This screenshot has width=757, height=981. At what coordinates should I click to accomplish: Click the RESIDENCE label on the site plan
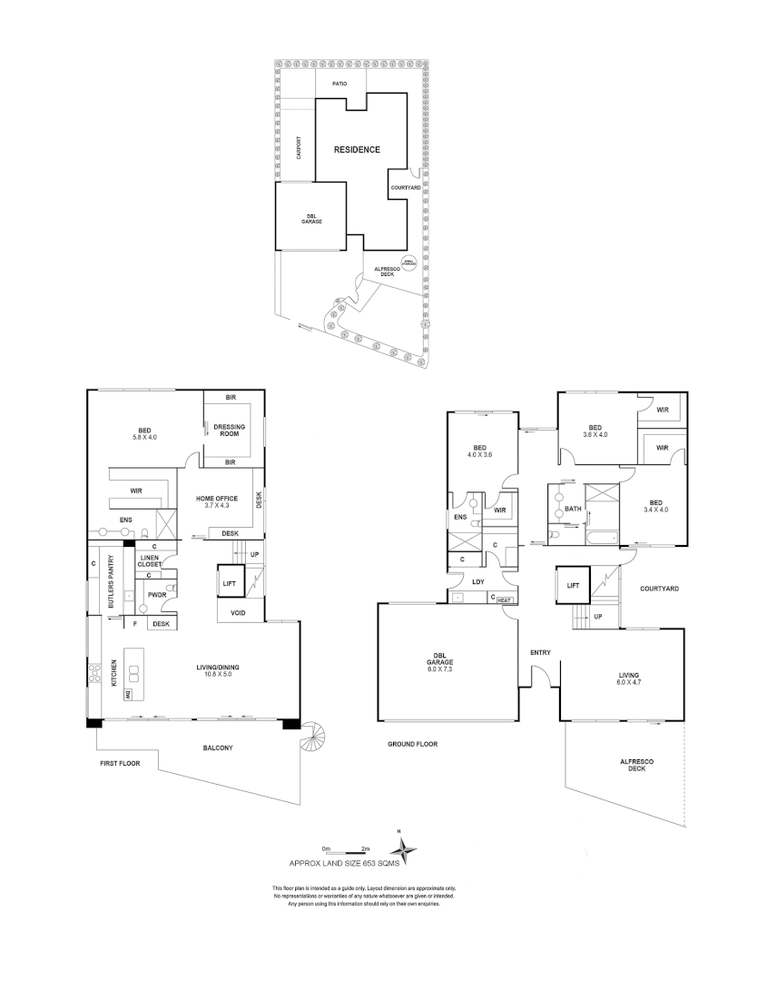357,150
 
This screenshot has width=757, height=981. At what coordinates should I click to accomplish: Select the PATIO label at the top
339,84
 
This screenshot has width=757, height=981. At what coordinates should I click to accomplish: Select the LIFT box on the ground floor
573,586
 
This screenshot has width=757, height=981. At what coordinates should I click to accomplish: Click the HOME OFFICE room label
217,502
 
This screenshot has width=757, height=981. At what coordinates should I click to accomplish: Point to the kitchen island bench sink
134,673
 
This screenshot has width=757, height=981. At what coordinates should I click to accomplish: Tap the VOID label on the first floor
240,613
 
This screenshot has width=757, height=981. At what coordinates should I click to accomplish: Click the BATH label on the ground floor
573,510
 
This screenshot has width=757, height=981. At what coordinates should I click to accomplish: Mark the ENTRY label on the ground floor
541,652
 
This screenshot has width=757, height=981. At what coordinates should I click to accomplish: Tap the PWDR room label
156,595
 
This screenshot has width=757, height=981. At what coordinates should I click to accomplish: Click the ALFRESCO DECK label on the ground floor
632,765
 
